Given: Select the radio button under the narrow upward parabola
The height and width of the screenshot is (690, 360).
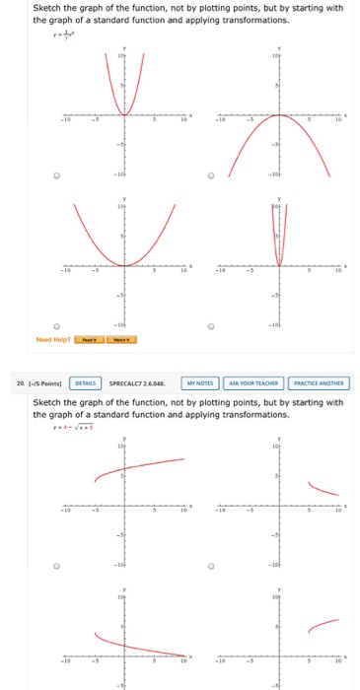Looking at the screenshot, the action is [58, 178].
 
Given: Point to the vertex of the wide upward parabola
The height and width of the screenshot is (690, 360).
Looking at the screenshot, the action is [124, 265].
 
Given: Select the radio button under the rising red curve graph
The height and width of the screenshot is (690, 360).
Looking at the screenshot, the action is [58, 567].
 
